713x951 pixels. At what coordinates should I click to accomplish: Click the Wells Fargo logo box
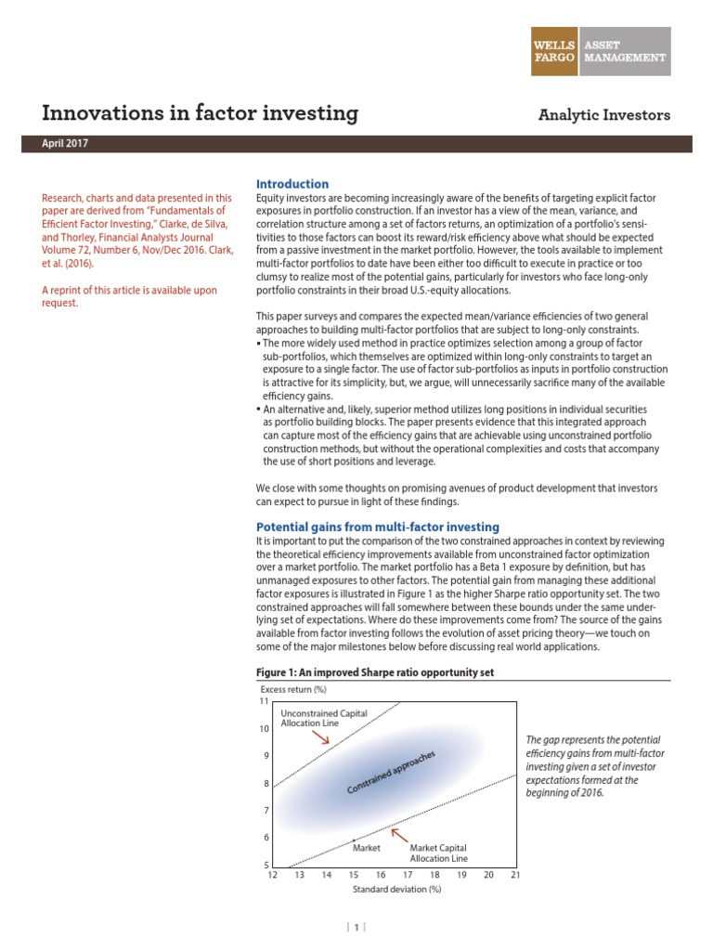[x=552, y=50]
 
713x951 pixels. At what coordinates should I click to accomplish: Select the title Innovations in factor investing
[x=200, y=113]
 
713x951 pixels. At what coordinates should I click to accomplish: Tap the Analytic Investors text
[x=604, y=115]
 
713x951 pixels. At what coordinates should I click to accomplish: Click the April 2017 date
[x=66, y=144]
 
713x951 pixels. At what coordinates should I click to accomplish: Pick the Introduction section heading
[x=292, y=184]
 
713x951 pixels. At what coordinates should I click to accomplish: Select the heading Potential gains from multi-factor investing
[x=377, y=527]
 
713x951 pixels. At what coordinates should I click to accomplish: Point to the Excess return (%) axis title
[x=293, y=689]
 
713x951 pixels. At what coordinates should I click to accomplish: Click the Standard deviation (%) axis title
[x=396, y=889]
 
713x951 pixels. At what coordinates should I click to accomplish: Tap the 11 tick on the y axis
[x=263, y=701]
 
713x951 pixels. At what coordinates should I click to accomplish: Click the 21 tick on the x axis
[x=515, y=874]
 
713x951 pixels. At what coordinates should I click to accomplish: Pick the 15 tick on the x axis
[x=353, y=874]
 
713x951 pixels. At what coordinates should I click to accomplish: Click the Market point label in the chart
[x=367, y=846]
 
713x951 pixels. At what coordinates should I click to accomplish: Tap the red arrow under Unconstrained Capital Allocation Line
[x=319, y=736]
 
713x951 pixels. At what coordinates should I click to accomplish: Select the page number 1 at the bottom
[x=356, y=926]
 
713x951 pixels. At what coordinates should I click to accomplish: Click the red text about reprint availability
[x=130, y=296]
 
